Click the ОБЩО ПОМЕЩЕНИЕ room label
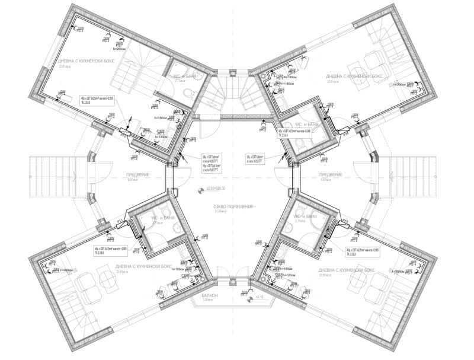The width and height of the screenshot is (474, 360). pyautogui.click(x=234, y=206)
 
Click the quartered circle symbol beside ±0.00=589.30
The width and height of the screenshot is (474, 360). pyautogui.click(x=200, y=190)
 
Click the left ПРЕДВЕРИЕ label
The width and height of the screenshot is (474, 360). pyautogui.click(x=137, y=175)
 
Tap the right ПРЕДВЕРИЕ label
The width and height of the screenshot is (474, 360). pyautogui.click(x=331, y=175)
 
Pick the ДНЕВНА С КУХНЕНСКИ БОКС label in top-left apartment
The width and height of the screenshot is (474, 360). pyautogui.click(x=87, y=61)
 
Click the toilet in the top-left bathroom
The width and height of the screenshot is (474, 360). pyautogui.click(x=187, y=93)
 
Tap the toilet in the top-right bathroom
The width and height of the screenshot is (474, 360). pyautogui.click(x=300, y=144)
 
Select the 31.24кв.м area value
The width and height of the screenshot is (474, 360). pyautogui.click(x=233, y=212)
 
